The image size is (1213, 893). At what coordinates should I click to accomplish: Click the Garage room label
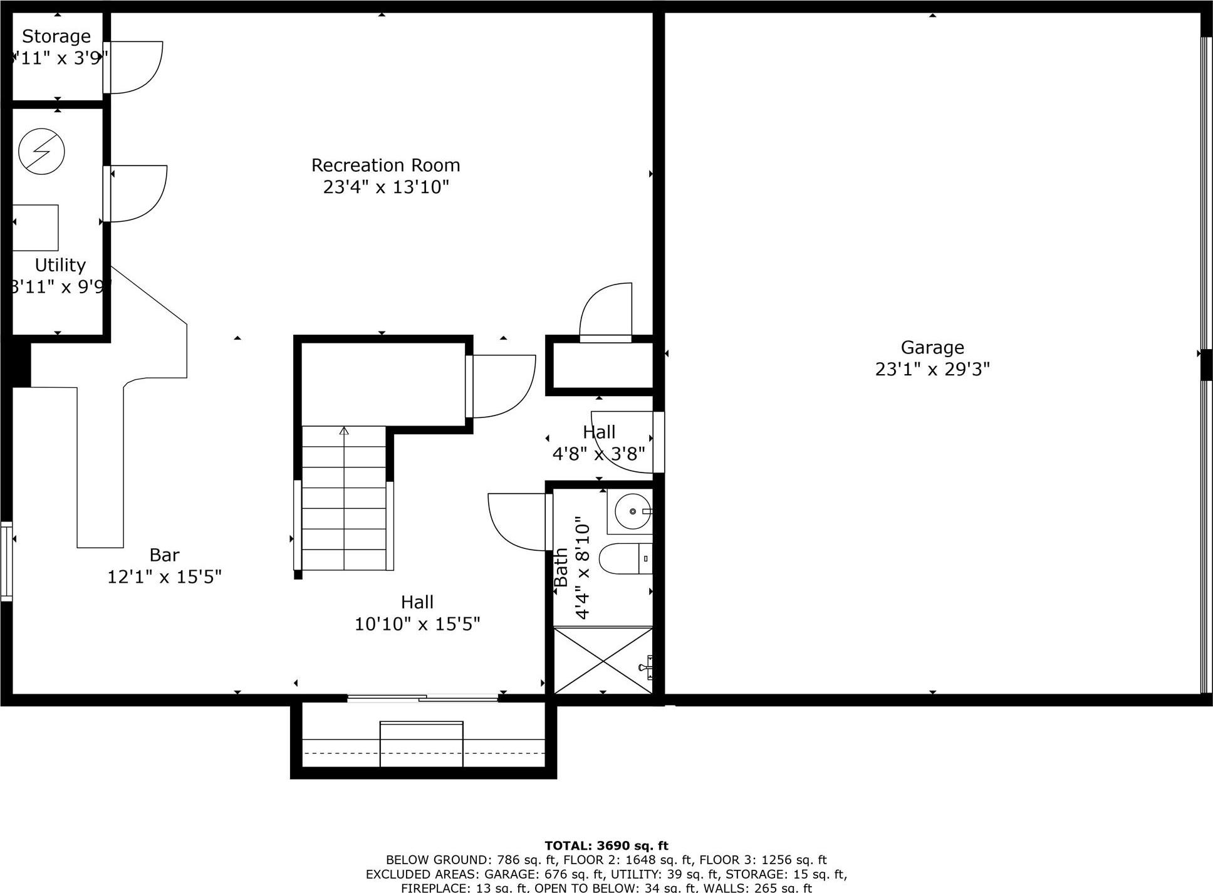click(932, 347)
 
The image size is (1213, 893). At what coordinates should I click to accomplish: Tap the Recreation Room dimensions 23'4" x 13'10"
click(386, 187)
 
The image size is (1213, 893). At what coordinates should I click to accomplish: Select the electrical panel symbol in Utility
click(41, 151)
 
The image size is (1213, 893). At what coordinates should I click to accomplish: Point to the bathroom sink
click(631, 511)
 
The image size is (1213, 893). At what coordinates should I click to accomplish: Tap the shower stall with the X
click(603, 661)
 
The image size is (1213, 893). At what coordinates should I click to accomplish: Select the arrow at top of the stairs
click(344, 431)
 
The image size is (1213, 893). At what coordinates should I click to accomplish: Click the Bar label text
click(164, 555)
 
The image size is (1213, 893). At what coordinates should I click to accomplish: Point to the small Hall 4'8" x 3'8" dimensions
click(598, 454)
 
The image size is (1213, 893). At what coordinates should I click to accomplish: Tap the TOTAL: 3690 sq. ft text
click(606, 846)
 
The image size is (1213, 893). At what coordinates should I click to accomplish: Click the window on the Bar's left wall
click(6, 561)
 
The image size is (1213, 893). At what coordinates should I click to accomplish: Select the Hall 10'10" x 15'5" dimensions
click(417, 624)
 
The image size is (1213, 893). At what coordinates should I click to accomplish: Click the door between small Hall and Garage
click(659, 442)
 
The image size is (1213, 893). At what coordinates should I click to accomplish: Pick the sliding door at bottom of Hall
click(422, 697)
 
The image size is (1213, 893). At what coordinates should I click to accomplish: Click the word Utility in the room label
click(60, 265)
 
